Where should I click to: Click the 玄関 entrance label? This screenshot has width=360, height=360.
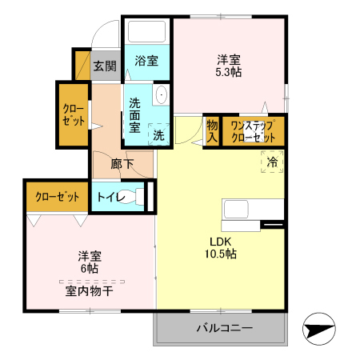104,66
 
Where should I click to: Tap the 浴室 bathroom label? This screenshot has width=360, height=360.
146,61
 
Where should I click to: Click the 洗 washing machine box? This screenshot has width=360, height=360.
158,136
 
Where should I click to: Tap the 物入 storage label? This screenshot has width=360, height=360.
212,130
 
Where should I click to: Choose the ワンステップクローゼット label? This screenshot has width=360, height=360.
253,131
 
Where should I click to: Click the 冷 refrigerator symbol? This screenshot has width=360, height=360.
272,162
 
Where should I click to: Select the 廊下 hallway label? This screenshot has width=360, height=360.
122,166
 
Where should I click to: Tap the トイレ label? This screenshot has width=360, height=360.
110,197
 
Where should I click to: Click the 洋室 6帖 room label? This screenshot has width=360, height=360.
90,262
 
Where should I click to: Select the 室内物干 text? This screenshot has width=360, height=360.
89,291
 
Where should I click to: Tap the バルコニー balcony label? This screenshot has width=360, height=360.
225,328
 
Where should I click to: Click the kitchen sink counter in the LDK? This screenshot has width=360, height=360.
253,210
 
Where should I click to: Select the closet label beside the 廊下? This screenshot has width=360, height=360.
72,115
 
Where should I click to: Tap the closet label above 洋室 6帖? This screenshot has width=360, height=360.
56,197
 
